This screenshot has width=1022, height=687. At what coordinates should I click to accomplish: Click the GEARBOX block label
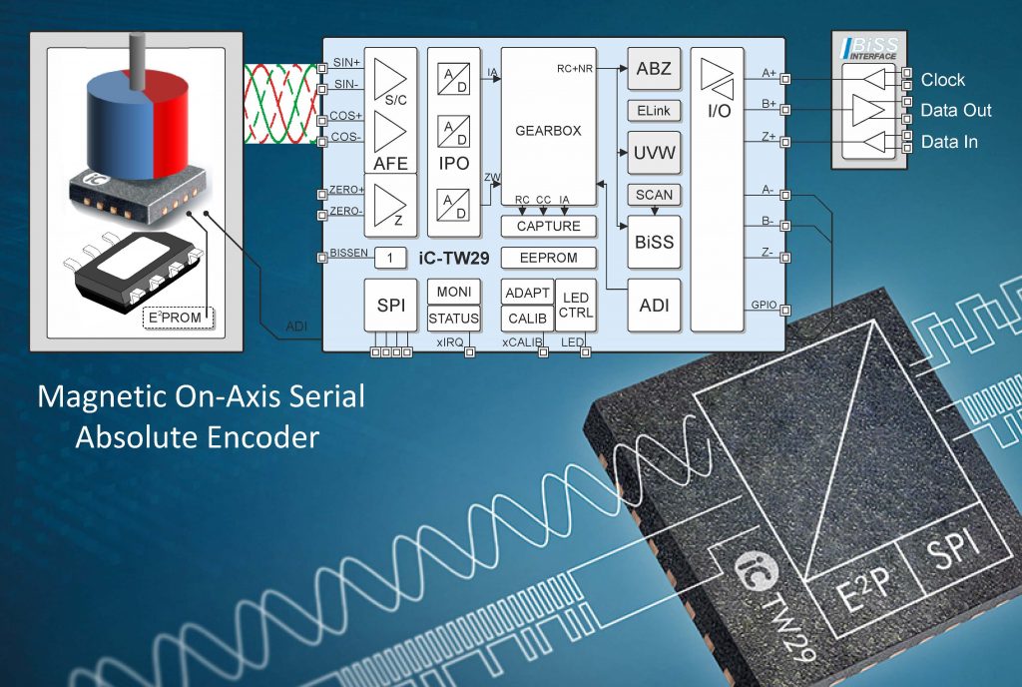548,131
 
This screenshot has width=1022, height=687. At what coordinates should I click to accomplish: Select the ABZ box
654,70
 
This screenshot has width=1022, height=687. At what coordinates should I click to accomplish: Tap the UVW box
654,154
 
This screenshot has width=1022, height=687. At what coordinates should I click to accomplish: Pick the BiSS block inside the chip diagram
654,242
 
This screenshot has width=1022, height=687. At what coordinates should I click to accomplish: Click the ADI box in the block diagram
654,306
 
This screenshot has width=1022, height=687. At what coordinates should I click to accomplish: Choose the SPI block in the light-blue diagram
390,305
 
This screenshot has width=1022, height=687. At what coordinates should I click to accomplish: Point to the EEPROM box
548,258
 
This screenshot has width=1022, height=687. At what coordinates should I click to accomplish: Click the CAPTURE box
548,227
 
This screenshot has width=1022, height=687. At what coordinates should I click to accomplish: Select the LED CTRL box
575,306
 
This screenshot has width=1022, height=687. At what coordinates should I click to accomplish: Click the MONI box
453,292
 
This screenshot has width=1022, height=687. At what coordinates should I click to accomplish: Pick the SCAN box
654,195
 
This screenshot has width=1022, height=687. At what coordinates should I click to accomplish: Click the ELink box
654,110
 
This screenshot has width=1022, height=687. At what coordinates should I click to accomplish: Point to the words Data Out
956,111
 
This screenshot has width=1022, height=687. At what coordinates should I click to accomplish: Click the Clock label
943,80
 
